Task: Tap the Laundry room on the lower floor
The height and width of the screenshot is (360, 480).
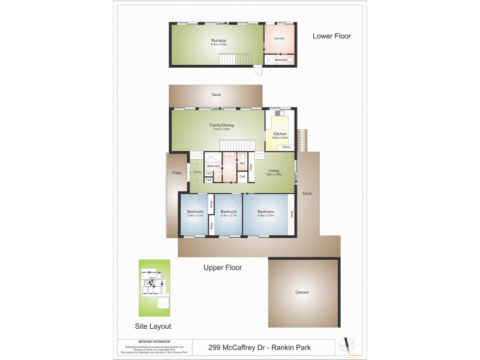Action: coord(278,38)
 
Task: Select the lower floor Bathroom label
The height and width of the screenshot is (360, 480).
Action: coord(281,60)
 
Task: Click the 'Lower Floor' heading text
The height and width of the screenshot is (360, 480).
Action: coord(332,36)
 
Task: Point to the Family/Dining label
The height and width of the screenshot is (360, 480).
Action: coord(220,125)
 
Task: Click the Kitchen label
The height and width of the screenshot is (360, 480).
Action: coord(280,134)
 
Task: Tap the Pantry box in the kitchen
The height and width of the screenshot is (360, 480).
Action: coord(287,147)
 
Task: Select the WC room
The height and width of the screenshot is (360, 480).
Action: coord(242,163)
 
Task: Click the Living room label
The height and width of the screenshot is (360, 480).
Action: coord(274,171)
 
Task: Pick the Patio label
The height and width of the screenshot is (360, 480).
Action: coord(177,173)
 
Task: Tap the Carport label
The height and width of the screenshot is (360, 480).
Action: coord(302,292)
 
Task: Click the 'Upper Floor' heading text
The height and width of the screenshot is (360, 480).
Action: coord(223,268)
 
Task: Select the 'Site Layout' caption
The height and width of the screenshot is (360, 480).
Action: coord(152,326)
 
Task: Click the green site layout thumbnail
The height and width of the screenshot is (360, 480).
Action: coord(155,287)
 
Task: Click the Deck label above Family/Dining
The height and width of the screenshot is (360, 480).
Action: coord(216,95)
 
